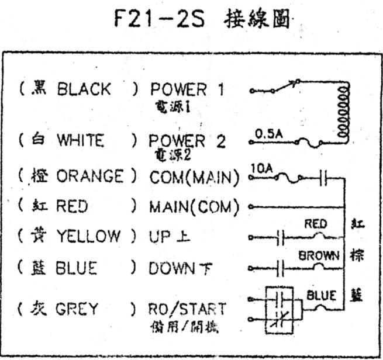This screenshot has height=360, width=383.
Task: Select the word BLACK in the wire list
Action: (84, 89)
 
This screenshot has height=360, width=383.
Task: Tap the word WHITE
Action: (80, 140)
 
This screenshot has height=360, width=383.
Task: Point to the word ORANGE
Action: (89, 176)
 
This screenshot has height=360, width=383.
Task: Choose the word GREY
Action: (77, 308)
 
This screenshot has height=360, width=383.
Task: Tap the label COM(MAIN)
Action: (194, 176)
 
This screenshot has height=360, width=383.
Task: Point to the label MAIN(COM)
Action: (194, 206)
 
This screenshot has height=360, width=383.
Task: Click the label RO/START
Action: (187, 308)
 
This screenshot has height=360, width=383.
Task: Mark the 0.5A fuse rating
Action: (269, 134)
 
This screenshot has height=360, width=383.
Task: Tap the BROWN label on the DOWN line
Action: (319, 255)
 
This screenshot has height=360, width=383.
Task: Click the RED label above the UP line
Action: (316, 224)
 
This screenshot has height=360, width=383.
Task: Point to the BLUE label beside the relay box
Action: (322, 295)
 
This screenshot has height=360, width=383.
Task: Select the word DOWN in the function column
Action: (170, 268)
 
